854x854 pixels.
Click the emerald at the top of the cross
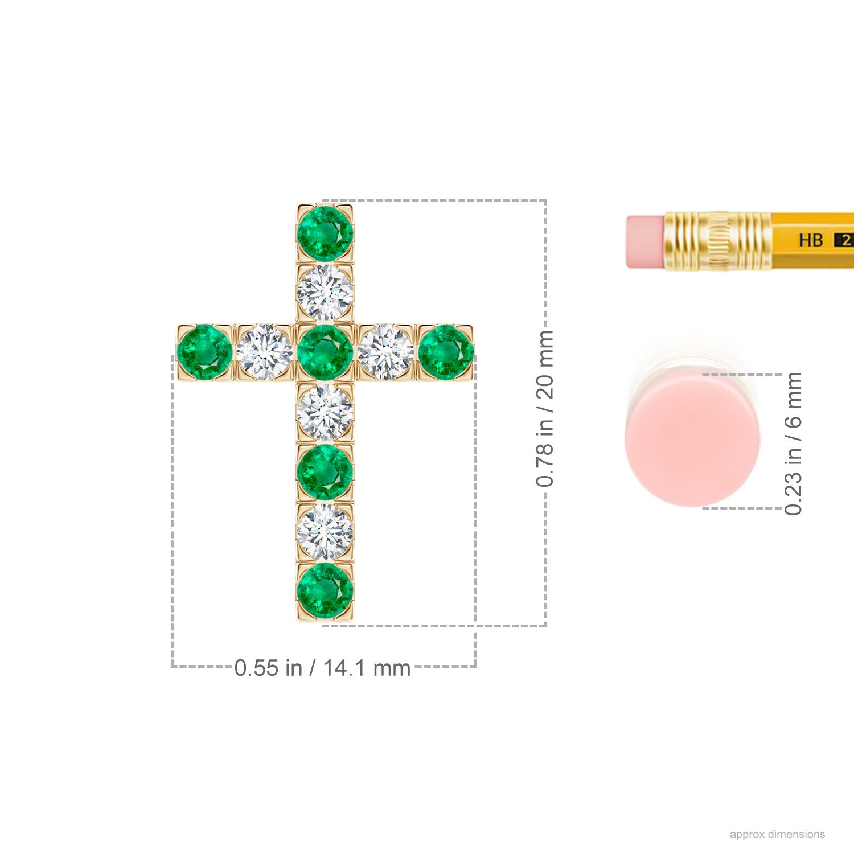coord(325,233)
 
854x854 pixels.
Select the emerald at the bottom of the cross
coord(325,590)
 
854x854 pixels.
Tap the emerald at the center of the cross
coord(325,352)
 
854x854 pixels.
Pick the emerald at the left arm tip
coord(204,352)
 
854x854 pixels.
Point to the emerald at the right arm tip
coord(446,352)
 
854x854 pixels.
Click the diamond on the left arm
coord(265,352)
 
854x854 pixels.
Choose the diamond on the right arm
coord(386,352)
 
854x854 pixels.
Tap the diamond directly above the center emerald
coord(325,293)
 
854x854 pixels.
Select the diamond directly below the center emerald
coord(325,412)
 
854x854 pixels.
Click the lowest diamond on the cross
coord(325,531)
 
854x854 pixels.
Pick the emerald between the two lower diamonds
coord(325,472)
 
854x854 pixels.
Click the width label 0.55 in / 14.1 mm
coord(322,667)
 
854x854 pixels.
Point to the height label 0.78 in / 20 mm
coord(545,408)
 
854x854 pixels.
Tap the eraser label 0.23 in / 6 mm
coord(793,444)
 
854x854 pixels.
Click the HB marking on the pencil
coord(811,240)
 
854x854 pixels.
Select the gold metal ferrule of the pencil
coord(717,241)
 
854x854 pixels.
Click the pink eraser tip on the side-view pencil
coord(645,241)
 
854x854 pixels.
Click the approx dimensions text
coord(777,834)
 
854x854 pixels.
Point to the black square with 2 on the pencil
coord(844,240)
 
